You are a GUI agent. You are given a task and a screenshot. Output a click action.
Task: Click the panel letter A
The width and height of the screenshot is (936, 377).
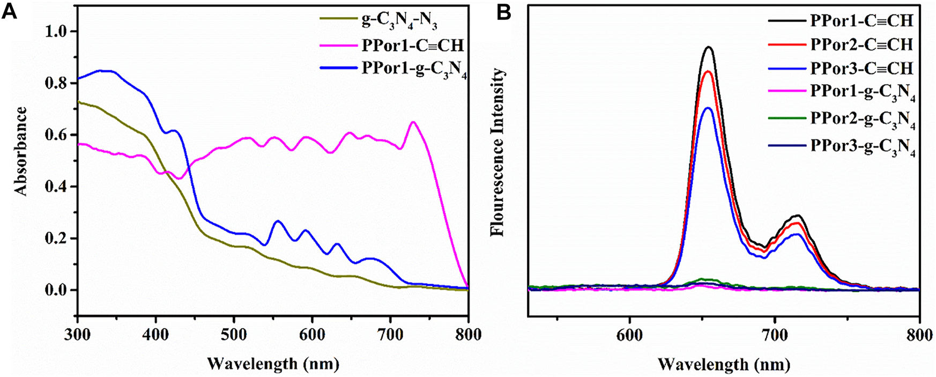10,11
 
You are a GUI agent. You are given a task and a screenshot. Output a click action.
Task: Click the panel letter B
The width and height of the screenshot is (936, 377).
504,11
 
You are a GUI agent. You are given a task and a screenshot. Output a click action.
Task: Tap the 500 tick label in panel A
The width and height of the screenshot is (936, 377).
234,335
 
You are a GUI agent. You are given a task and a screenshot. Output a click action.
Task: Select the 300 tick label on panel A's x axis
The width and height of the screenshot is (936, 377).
78,335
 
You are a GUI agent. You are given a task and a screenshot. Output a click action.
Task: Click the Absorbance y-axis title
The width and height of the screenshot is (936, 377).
20,151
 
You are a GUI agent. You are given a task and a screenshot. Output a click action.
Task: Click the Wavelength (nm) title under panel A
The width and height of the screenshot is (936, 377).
273,364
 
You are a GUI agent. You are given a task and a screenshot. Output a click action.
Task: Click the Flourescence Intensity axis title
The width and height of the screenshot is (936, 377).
498,152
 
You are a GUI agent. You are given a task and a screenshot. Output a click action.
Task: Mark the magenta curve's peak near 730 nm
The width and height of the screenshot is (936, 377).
413,122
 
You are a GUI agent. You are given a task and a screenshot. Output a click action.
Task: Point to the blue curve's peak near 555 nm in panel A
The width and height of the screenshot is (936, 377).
278,221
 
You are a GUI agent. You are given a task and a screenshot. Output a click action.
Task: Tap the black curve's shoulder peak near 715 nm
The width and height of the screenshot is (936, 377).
798,216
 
